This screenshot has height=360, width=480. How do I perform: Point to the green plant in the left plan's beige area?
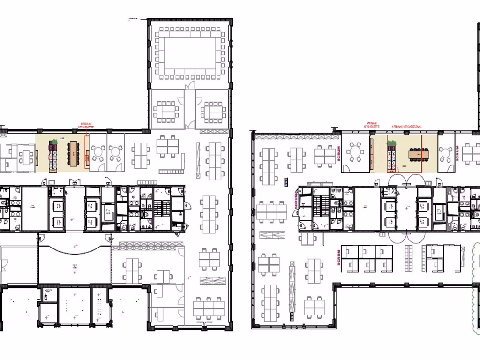click(55, 142)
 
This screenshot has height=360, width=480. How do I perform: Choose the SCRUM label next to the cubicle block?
click(338, 258)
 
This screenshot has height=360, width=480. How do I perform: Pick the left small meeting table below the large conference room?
click(166, 111)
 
